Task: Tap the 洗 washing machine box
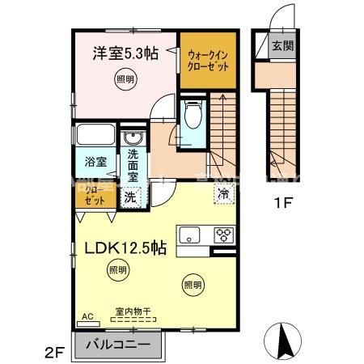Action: [x=129, y=197]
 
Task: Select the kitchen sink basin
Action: [x=191, y=236]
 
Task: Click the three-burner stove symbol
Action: [x=224, y=235]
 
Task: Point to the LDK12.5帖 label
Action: [x=125, y=248]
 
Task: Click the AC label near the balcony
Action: [x=87, y=317]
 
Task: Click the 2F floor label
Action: [x=54, y=352]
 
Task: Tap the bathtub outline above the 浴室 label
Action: [x=96, y=134]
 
